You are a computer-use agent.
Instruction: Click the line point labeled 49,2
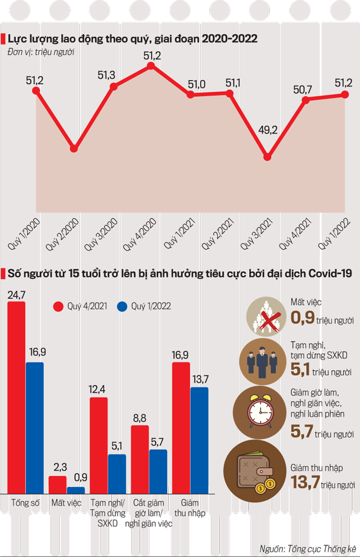[268, 157]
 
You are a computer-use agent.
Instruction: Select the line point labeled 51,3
[114, 87]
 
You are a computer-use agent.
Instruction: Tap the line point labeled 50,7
[306, 100]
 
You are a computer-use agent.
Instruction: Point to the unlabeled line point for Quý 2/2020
[74, 149]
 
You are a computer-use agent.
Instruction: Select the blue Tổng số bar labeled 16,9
[35, 428]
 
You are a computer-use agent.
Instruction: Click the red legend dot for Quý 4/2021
[58, 307]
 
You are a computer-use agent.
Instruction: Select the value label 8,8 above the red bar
[139, 417]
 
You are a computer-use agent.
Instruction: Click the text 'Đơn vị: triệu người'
[41, 52]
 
